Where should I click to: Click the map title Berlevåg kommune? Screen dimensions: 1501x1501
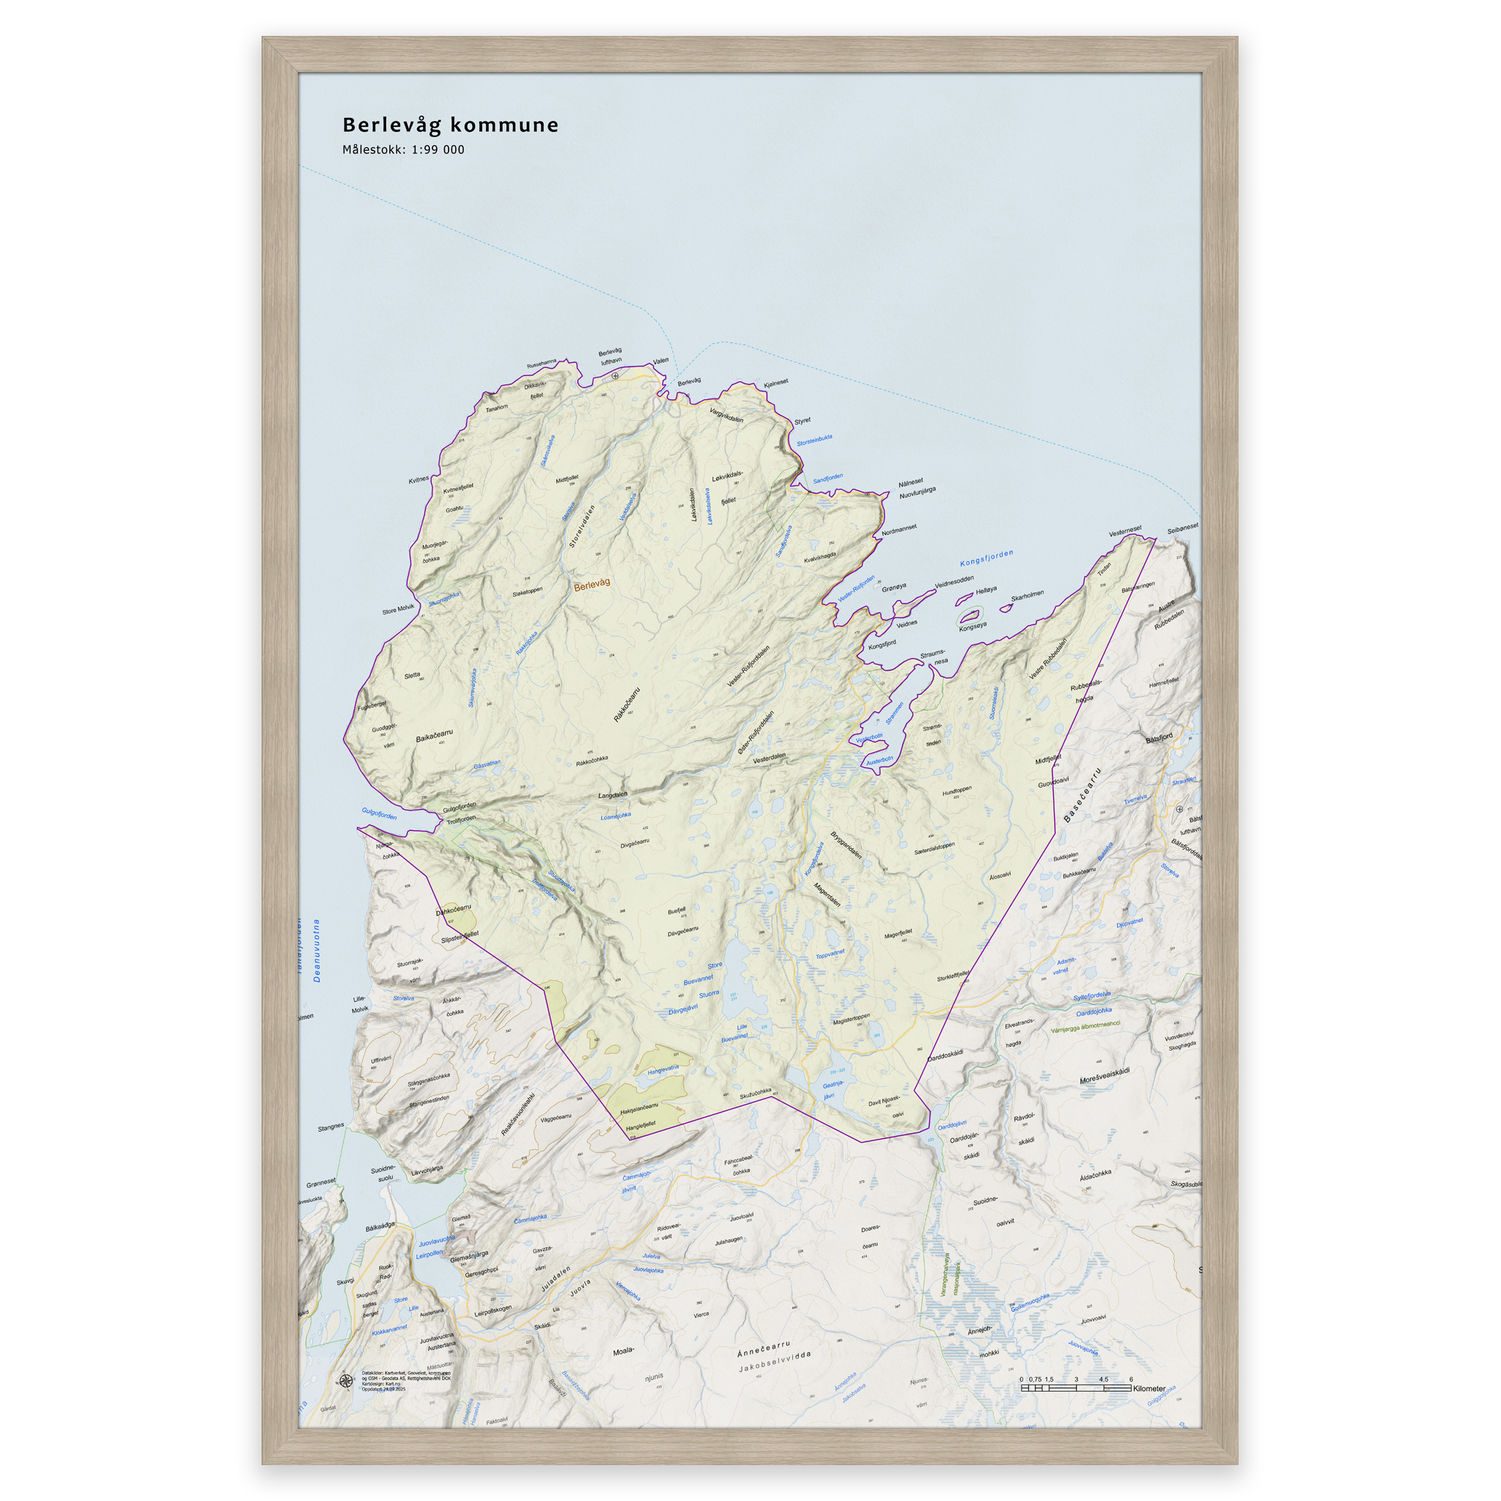450,125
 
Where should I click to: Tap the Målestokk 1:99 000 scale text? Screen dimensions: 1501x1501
403,150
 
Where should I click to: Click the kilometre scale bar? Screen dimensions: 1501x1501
1076,1387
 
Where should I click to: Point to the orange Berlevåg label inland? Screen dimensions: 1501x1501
592,584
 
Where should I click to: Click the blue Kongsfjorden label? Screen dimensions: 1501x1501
986,558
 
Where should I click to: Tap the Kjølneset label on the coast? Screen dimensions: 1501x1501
775,383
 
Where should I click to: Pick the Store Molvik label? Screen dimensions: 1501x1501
399,609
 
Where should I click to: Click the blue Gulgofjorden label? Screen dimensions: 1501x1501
379,814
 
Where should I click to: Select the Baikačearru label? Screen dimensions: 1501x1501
435,735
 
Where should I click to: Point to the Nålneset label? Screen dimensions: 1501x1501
910,482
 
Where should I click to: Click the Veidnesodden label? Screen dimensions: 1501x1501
954,582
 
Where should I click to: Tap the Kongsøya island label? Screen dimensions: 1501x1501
972,625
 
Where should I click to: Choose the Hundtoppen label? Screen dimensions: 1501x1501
956,792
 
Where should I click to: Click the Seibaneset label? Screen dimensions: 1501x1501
1182,528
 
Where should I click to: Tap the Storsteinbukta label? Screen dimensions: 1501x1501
814,440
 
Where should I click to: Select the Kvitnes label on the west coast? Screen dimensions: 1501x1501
418,479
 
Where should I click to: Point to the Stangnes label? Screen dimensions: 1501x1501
331,1126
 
